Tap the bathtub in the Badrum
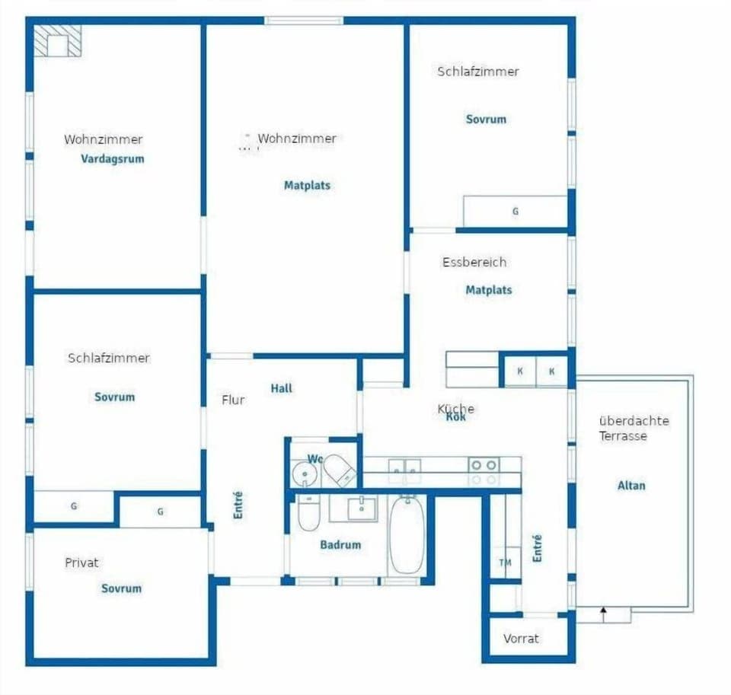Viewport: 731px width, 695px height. coord(407,534)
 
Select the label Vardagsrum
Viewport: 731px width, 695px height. coord(113,160)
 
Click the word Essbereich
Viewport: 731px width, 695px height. coord(474,262)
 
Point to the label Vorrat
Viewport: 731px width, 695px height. coord(521,638)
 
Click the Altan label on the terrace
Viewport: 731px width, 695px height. coord(631,485)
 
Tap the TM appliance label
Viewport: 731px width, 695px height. coord(505,563)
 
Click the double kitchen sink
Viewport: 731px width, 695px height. coord(404,470)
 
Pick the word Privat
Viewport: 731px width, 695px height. coord(81,563)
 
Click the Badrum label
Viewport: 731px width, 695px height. coord(340,544)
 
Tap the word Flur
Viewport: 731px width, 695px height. coord(233,400)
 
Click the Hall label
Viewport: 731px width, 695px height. coord(281,388)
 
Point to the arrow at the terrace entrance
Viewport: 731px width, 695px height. coord(604,612)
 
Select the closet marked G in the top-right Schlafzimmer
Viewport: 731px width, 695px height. coord(516,212)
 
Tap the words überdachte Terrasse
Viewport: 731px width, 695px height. coord(634,428)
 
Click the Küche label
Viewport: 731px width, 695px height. coord(456,409)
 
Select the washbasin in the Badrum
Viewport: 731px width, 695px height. coord(362,507)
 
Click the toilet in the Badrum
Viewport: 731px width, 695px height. coord(308,513)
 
